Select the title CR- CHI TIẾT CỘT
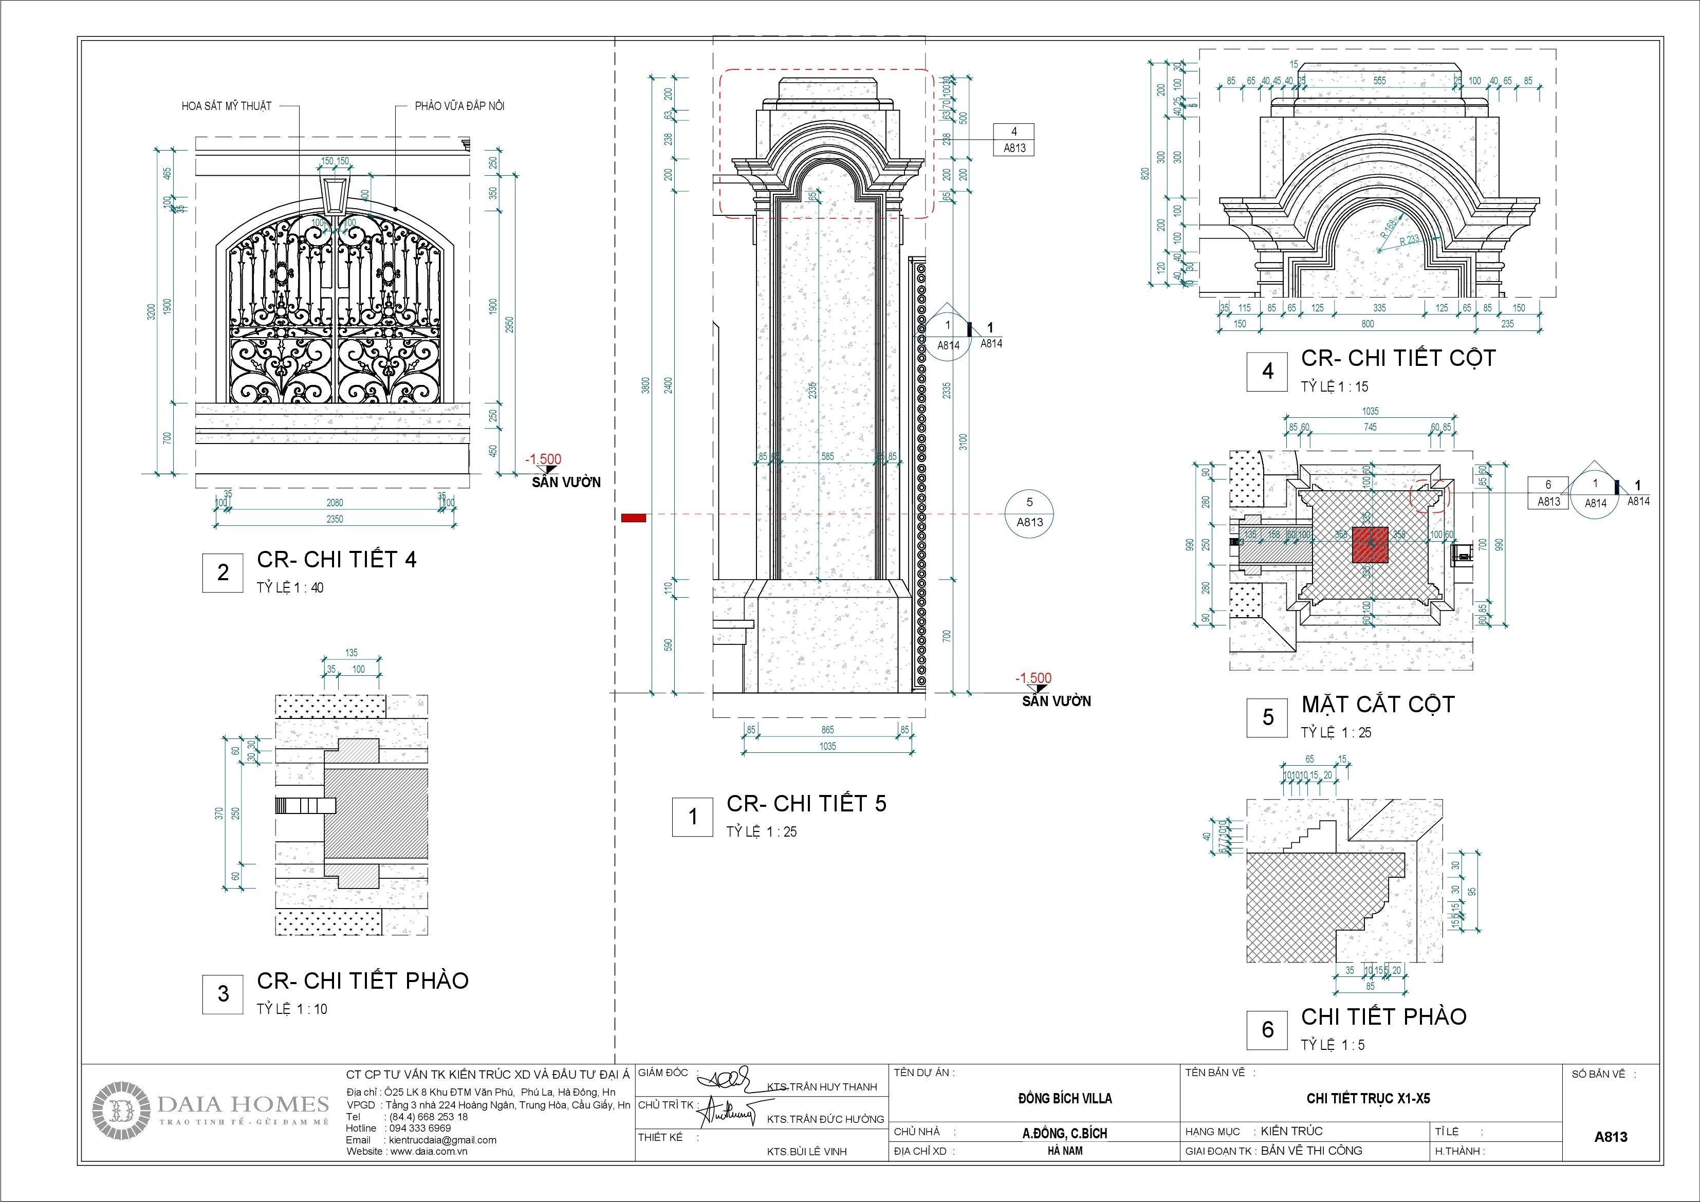pyautogui.click(x=1398, y=359)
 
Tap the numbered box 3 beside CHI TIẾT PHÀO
pyautogui.click(x=223, y=994)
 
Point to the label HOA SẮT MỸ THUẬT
pyautogui.click(x=227, y=106)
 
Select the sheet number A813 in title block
pyautogui.click(x=1611, y=1136)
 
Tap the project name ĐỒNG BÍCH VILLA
pyautogui.click(x=1065, y=1098)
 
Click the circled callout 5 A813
pyautogui.click(x=1029, y=512)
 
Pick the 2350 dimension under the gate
pyautogui.click(x=335, y=519)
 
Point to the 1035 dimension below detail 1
pyautogui.click(x=827, y=746)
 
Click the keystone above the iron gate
pyautogui.click(x=336, y=194)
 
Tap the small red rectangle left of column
pyautogui.click(x=633, y=517)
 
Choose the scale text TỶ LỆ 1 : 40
pyautogui.click(x=290, y=588)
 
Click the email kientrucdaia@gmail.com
pyautogui.click(x=442, y=1140)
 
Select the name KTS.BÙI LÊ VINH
pyautogui.click(x=806, y=1152)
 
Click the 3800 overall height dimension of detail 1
pyautogui.click(x=645, y=385)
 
